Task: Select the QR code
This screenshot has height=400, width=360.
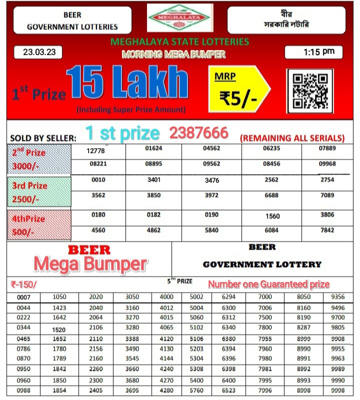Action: [x=309, y=91]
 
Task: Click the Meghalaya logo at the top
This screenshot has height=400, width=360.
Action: [x=179, y=18]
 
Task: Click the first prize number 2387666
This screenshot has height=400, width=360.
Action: [x=198, y=133]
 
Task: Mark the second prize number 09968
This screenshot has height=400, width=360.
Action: [x=327, y=164]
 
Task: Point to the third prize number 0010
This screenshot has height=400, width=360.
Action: [x=98, y=180]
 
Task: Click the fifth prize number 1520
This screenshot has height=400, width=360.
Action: [x=59, y=330]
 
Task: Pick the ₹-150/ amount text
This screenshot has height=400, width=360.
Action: [x=23, y=284]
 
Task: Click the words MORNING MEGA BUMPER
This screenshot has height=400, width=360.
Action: [x=173, y=54]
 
